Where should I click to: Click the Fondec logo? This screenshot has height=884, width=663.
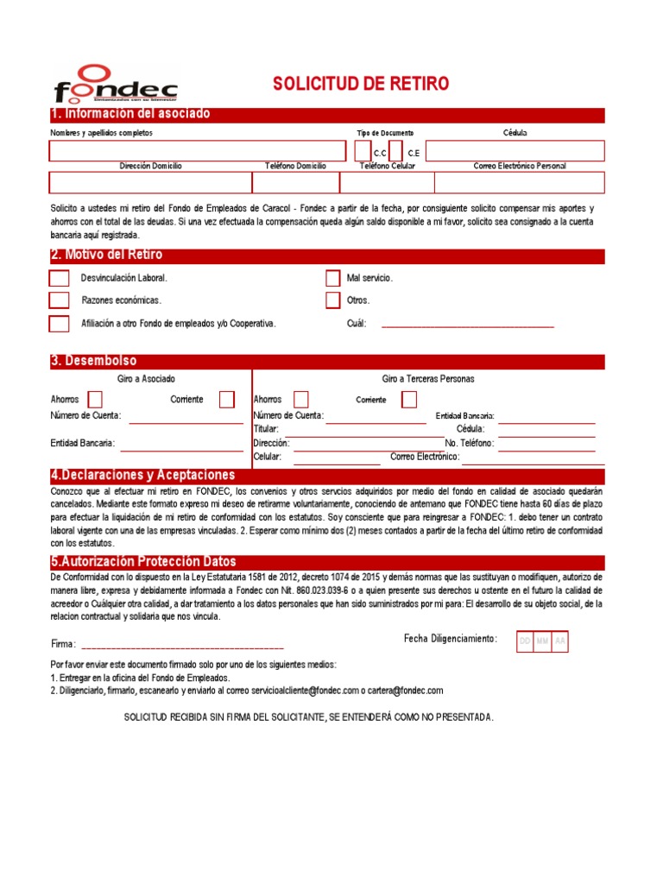[115, 85]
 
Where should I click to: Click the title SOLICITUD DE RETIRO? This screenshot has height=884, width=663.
[361, 84]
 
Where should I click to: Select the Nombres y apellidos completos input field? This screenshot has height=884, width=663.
[200, 152]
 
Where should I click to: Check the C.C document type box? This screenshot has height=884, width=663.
[363, 151]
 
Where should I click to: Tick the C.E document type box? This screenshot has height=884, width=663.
[396, 151]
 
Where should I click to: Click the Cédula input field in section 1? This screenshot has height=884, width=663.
[515, 152]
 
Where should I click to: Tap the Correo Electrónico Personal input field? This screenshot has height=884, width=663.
[519, 182]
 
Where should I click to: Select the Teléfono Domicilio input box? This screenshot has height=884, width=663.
[295, 182]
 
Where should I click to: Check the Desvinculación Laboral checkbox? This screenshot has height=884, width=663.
[59, 278]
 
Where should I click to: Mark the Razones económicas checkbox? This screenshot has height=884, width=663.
[59, 300]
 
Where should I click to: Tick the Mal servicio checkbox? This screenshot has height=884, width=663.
[332, 278]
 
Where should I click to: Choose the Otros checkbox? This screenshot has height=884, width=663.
[332, 300]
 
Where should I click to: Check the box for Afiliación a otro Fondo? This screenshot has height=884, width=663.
[59, 324]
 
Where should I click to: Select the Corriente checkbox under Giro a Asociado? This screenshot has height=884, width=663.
[226, 399]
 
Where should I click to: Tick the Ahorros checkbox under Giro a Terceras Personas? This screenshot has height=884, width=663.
[300, 399]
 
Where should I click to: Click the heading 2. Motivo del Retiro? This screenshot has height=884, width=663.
[106, 256]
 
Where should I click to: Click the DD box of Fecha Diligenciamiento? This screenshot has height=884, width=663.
[524, 641]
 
